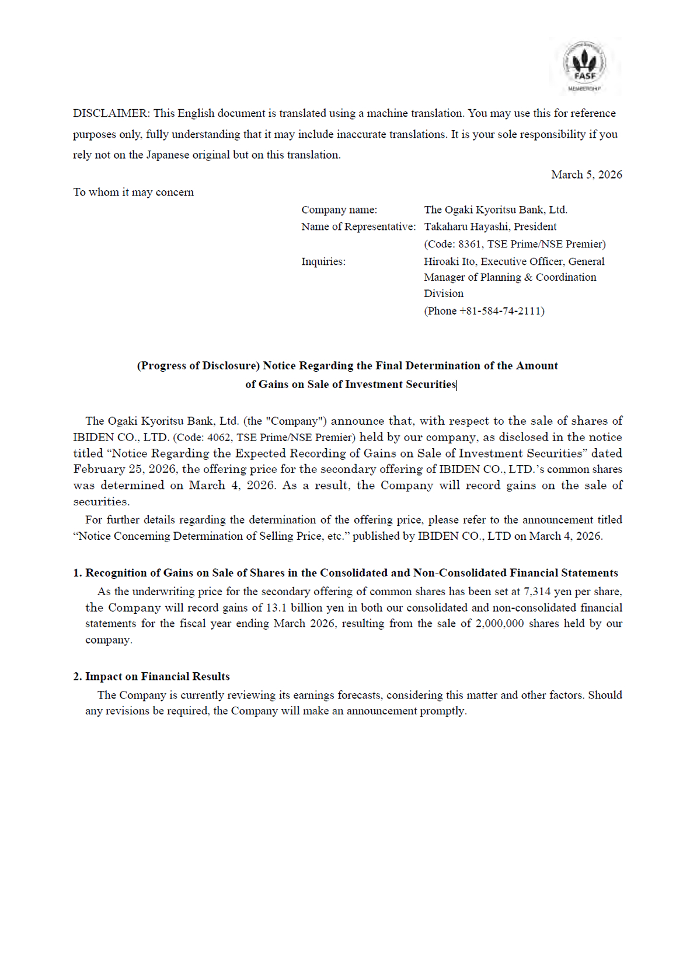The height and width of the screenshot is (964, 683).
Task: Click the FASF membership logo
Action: point(584,66)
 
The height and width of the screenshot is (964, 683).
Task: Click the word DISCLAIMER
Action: point(110,113)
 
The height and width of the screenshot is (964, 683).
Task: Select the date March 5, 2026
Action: point(586,174)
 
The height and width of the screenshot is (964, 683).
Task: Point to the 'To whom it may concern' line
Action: point(133,192)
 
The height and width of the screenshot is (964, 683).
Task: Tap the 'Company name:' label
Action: point(339,209)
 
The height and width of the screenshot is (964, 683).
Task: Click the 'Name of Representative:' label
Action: point(358,226)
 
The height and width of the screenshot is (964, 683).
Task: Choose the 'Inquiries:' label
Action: point(323,261)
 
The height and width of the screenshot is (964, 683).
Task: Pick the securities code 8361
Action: point(469,244)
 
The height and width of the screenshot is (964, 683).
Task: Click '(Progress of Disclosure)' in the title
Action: point(198,366)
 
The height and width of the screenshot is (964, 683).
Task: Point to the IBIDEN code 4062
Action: point(219,438)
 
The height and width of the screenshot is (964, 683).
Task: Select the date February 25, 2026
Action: point(124,469)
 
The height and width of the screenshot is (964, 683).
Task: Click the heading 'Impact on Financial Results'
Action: point(157,677)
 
